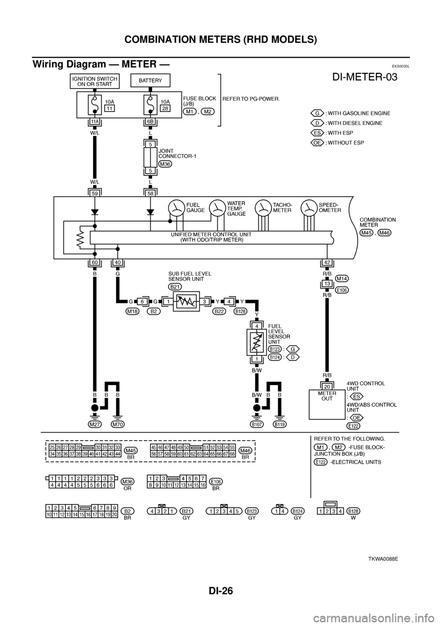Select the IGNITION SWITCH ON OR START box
coord(95,81)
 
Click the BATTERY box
coord(151,81)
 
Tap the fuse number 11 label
coord(109,108)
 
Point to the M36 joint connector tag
coord(165,164)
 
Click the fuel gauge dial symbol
coord(176,208)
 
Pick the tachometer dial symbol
coord(263,208)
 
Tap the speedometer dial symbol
coord(308,208)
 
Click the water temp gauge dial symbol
coord(217,208)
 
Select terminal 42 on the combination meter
coord(326,263)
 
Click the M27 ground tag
coord(95,424)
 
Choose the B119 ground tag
coord(279,424)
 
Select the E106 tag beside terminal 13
coord(342,289)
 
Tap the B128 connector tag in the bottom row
coord(353,511)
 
